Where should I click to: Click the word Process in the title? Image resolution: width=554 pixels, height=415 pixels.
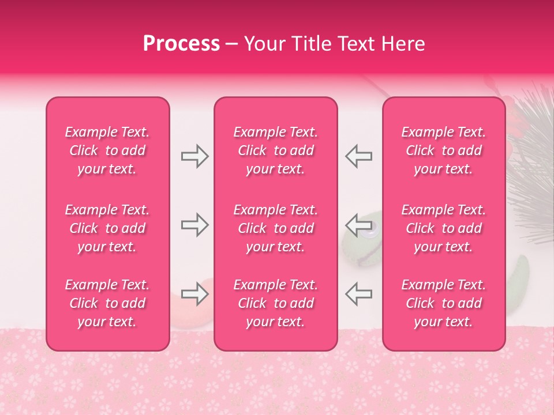point(181,44)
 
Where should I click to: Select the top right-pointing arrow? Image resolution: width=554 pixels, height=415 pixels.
point(194,156)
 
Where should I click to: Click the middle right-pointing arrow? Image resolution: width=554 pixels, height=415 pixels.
point(194,225)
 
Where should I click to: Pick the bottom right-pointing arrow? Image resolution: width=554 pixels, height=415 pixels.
point(194,295)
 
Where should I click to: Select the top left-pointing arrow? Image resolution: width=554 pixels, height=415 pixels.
point(359,156)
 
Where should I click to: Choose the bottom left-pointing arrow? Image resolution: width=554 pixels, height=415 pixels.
point(359,293)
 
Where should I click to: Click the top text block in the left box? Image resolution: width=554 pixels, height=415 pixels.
point(107,150)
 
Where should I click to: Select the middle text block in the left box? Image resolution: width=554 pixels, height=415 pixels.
point(107,228)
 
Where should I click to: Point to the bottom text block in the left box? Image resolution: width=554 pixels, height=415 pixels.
point(107,303)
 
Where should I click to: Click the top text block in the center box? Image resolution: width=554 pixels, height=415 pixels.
point(276,150)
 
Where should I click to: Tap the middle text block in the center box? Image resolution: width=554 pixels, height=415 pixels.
point(276,228)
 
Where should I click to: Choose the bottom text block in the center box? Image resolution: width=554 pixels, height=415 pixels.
point(276,303)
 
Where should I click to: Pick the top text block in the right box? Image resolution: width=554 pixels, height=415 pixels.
point(444,150)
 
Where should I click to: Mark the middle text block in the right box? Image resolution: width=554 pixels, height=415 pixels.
point(444,228)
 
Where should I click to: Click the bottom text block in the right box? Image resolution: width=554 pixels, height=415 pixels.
point(444,303)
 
